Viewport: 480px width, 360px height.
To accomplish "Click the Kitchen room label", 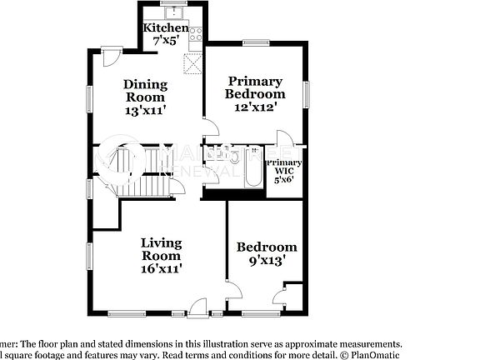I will tap(166, 28).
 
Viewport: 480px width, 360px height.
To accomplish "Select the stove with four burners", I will tap(196, 34).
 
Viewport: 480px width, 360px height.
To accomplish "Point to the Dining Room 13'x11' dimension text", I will tap(146, 108).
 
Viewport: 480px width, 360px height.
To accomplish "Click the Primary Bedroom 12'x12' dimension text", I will tap(255, 106).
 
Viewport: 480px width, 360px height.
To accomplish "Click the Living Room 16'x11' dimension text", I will tap(161, 268).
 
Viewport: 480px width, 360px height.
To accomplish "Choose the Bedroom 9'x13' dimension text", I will tap(266, 259).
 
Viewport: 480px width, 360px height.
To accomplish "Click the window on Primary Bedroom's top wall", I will tap(254, 42).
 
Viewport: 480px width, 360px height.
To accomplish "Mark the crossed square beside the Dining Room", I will tap(194, 64).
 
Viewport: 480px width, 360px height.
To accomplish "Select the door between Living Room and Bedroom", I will tap(234, 292).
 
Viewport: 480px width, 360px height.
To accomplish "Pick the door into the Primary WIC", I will tap(283, 138).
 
